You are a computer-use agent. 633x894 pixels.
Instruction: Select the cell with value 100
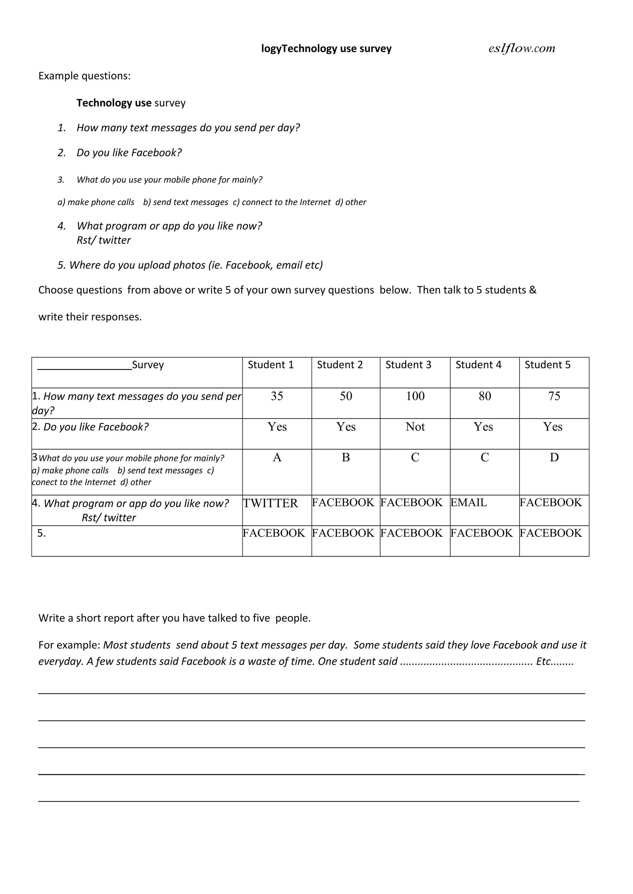[415, 396]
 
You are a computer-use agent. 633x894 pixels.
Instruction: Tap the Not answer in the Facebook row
[415, 427]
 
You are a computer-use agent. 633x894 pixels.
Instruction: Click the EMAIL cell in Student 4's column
[469, 503]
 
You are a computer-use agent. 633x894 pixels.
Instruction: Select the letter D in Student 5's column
[554, 458]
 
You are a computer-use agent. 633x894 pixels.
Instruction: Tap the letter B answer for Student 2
[346, 458]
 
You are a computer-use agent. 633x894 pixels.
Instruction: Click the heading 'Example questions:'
[84, 76]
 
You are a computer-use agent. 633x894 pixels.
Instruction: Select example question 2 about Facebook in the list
[129, 153]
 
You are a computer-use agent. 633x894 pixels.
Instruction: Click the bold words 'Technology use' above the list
[114, 103]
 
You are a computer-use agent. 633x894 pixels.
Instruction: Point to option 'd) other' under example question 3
[351, 202]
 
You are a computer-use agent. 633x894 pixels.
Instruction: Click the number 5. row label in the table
[41, 533]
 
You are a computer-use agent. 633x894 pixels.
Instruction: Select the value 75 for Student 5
[554, 396]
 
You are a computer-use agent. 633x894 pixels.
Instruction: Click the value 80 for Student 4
[485, 396]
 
